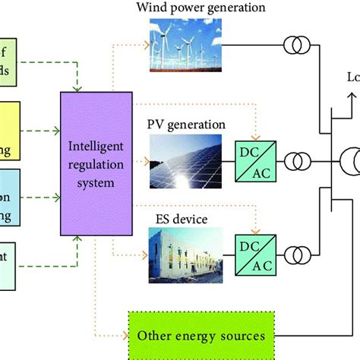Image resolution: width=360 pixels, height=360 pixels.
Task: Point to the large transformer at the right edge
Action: click(x=351, y=161)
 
